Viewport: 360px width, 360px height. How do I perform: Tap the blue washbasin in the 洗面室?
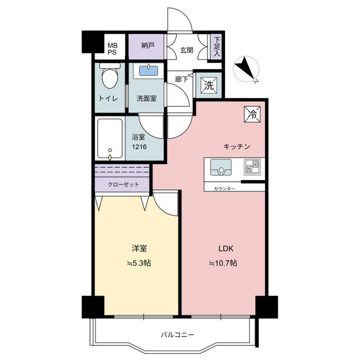[x=148, y=71]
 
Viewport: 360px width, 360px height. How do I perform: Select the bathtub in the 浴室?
[x=110, y=139]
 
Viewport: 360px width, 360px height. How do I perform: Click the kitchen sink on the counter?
[x=221, y=168]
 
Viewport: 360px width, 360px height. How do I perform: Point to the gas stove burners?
[x=252, y=167]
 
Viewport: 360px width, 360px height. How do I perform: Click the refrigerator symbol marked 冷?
[x=253, y=114]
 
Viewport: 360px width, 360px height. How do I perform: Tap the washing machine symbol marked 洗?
[x=209, y=85]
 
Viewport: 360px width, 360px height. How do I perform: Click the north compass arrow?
[x=246, y=69]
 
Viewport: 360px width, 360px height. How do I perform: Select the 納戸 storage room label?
[x=147, y=46]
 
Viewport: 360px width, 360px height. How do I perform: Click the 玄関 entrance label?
[x=186, y=50]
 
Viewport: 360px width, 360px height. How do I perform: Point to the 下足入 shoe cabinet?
[x=217, y=47]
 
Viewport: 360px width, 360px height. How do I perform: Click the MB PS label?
[x=112, y=49]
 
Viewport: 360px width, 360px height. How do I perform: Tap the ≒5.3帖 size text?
[x=139, y=263]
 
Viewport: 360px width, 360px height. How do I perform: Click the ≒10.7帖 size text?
[x=223, y=263]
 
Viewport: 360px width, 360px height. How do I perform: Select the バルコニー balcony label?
[x=177, y=335]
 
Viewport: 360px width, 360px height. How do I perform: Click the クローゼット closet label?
[x=123, y=184]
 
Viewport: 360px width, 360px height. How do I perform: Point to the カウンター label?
[x=224, y=189]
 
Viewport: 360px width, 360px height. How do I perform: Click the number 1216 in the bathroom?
[x=139, y=147]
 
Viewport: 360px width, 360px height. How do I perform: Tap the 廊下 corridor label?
[x=182, y=79]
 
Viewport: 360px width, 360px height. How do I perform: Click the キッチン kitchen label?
[x=236, y=146]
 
